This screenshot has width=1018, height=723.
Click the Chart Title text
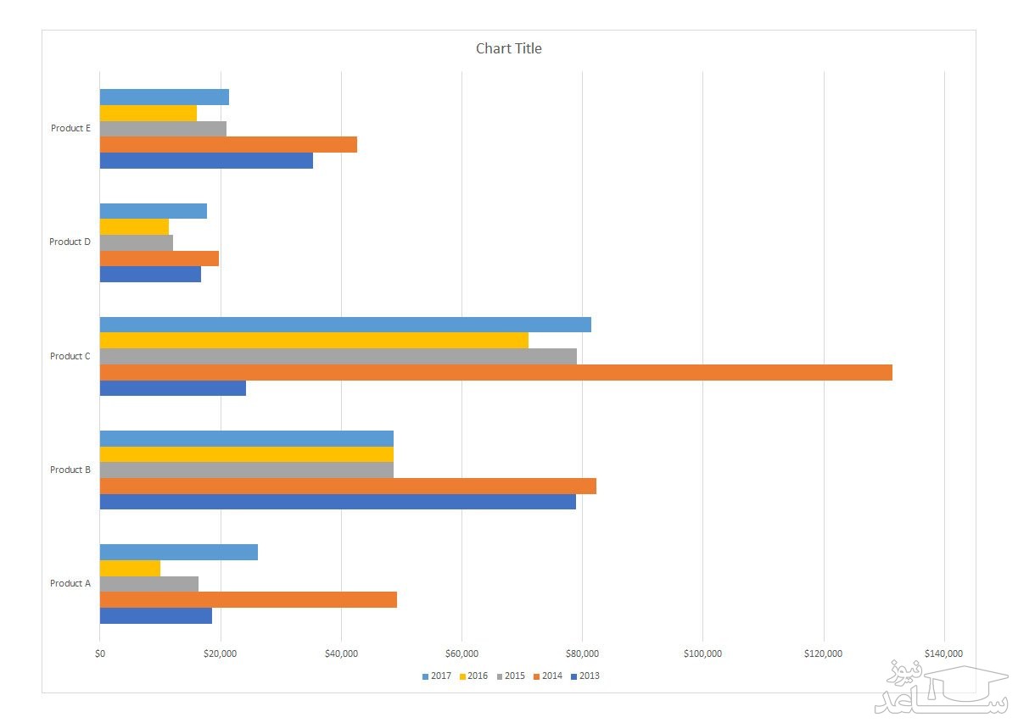click(x=508, y=48)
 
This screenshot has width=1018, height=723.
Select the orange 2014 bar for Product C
click(x=496, y=372)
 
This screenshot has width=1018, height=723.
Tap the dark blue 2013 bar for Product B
click(x=338, y=502)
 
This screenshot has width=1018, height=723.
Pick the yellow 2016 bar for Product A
click(x=130, y=568)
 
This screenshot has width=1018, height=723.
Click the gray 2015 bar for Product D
click(x=137, y=242)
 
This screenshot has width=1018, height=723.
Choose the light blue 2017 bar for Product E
click(x=165, y=97)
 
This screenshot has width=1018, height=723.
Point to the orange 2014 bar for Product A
click(x=249, y=600)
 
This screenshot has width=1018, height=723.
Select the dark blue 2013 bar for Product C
click(x=173, y=388)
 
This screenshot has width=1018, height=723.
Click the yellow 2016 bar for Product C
click(x=314, y=341)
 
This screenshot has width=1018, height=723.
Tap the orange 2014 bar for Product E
click(x=228, y=145)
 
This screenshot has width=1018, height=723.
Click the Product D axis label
click(x=70, y=242)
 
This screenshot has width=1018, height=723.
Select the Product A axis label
click(x=70, y=583)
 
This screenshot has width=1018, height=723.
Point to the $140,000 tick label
click(x=943, y=653)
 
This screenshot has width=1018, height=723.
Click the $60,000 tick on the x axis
click(x=461, y=653)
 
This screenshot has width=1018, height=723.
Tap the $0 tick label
click(x=100, y=653)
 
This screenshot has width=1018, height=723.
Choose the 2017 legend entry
click(x=437, y=676)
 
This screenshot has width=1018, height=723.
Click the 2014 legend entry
click(x=548, y=676)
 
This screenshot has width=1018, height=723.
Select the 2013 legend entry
click(x=585, y=676)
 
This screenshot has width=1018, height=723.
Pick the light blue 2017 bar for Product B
click(x=247, y=438)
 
